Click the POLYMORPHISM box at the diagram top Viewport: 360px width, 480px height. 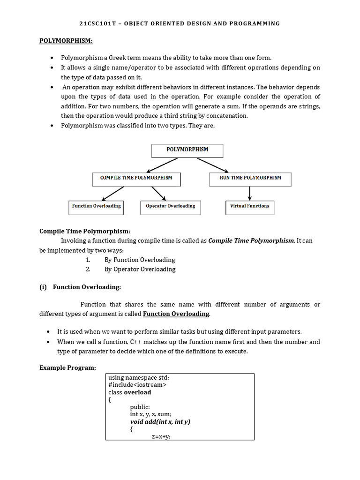point(187,150)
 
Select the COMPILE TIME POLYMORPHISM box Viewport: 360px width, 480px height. point(136,179)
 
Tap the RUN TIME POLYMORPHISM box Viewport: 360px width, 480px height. point(250,179)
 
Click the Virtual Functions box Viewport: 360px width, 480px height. point(249,207)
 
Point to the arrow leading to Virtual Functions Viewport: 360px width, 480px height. point(250,193)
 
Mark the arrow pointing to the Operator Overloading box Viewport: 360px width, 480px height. point(158,193)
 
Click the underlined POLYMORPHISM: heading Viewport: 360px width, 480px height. point(66,41)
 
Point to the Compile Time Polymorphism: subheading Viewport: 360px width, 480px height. point(85,231)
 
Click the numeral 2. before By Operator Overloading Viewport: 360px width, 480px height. point(88,269)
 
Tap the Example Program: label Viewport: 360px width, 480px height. point(67,367)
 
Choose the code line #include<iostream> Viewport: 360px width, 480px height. point(137,384)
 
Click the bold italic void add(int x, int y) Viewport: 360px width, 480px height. point(160,421)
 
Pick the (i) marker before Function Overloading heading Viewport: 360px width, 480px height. point(44,287)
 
